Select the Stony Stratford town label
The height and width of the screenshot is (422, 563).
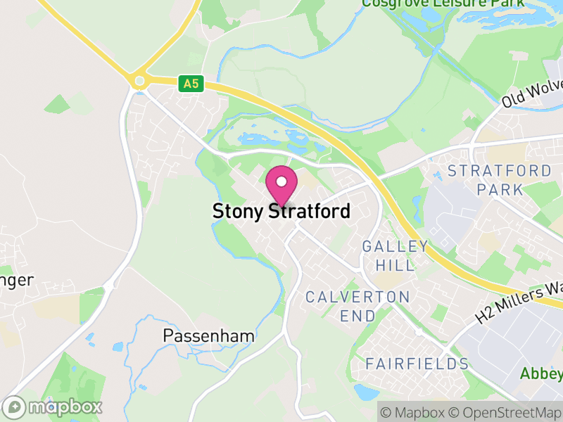click(x=281, y=211)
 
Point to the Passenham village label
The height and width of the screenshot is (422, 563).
click(x=208, y=335)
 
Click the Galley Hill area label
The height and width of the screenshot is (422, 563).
click(x=395, y=255)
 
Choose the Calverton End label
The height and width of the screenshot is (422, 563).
click(x=358, y=306)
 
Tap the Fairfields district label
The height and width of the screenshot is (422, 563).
click(x=417, y=364)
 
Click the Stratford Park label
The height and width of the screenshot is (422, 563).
click(x=500, y=180)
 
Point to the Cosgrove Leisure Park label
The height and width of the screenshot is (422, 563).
click(x=443, y=4)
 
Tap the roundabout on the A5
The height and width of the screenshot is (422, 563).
click(x=139, y=82)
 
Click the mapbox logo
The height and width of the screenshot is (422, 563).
click(x=53, y=407)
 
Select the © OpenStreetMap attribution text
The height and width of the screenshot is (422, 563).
click(x=505, y=411)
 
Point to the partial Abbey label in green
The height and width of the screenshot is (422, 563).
click(x=541, y=373)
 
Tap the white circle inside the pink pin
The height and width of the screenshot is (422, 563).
click(x=281, y=181)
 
